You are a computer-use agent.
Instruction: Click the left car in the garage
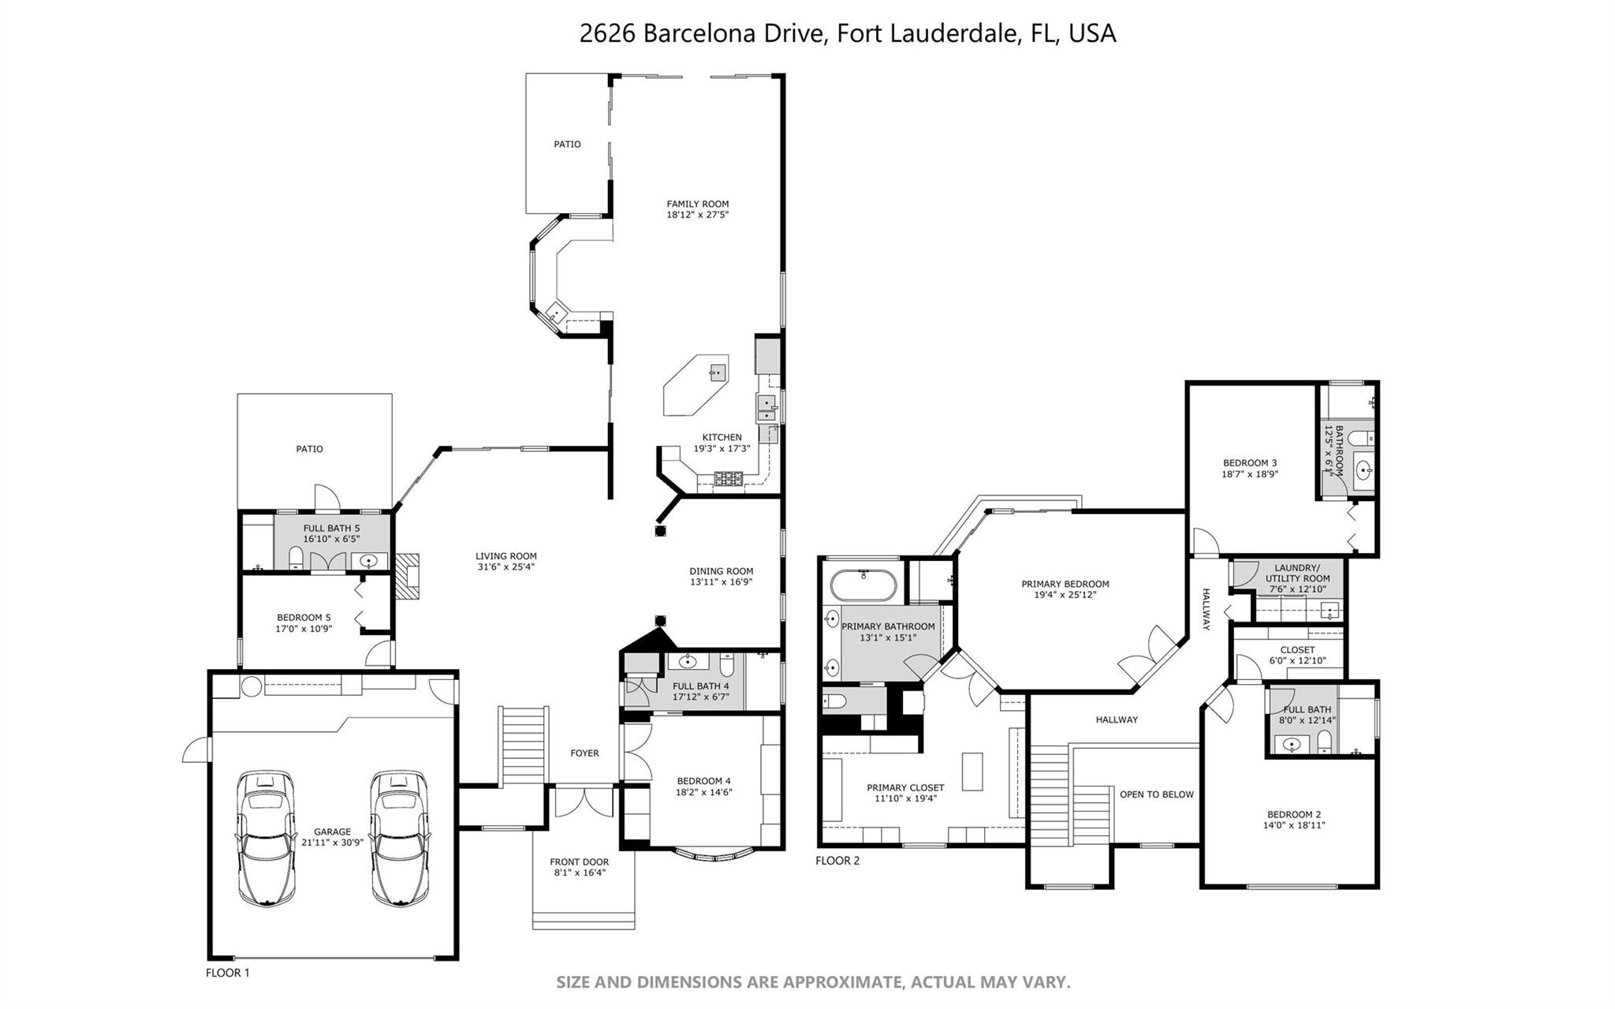[x=266, y=838]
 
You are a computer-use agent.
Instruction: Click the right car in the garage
[x=401, y=838]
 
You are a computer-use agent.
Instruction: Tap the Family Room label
[x=698, y=204]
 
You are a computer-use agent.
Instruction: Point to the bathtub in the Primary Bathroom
[x=863, y=586]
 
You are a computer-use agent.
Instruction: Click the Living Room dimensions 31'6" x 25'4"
[x=506, y=566]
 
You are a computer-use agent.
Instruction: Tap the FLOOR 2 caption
[x=837, y=860]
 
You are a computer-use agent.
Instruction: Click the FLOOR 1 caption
[x=228, y=973]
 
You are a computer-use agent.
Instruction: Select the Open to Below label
[x=1157, y=794]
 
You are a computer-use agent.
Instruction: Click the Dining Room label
[x=722, y=571]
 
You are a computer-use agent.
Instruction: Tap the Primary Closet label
[x=905, y=787]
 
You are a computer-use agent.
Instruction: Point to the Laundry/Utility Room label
[x=1298, y=573]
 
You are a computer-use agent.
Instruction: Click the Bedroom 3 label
[x=1250, y=463]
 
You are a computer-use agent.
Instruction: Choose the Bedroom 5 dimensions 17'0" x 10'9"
[x=304, y=629]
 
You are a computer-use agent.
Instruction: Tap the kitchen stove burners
[x=729, y=478]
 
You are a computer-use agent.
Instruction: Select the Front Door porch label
[x=580, y=862]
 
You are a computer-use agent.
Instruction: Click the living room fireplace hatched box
[x=407, y=577]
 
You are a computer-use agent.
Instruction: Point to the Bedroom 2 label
[x=1294, y=814]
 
